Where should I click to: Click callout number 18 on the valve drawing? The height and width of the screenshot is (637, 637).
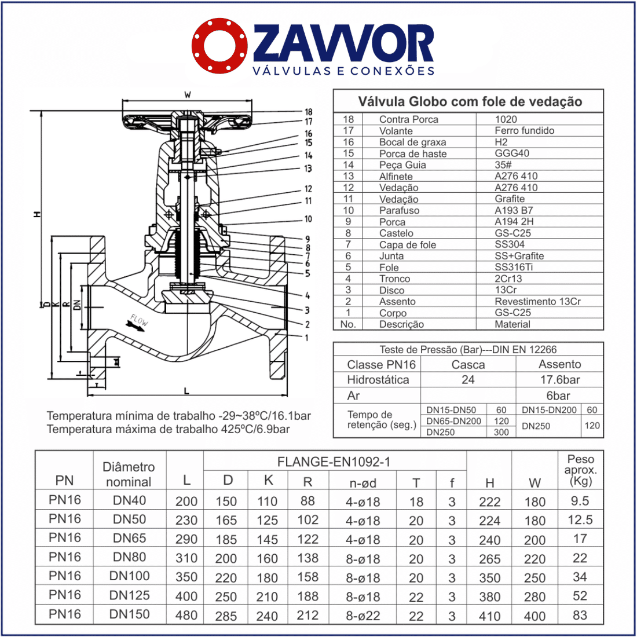(x=309, y=112)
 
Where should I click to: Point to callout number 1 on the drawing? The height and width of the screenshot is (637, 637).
(x=307, y=338)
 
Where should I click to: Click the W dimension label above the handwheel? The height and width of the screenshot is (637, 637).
(x=187, y=94)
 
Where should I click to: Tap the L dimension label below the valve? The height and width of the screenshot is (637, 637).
(x=186, y=391)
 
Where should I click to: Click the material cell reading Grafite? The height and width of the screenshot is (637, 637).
(x=510, y=199)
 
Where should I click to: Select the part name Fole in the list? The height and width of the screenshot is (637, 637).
(x=389, y=267)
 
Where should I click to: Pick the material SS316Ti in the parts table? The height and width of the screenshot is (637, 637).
(x=513, y=267)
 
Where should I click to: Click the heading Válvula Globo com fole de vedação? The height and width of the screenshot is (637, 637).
(x=469, y=102)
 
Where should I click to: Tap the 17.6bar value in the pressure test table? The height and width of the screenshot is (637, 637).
(x=559, y=380)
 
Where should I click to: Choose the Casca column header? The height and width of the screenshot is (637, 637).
(x=468, y=364)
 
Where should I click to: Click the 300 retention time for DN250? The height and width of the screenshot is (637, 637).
(x=501, y=432)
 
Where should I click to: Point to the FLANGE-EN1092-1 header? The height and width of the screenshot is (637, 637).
(x=334, y=462)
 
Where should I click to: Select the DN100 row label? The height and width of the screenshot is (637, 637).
(x=129, y=576)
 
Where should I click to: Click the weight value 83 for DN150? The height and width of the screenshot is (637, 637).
(x=580, y=615)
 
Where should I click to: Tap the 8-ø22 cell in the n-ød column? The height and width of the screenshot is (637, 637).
(x=363, y=616)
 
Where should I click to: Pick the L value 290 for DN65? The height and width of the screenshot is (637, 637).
(x=186, y=539)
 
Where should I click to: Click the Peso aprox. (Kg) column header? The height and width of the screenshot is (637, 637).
(x=580, y=470)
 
